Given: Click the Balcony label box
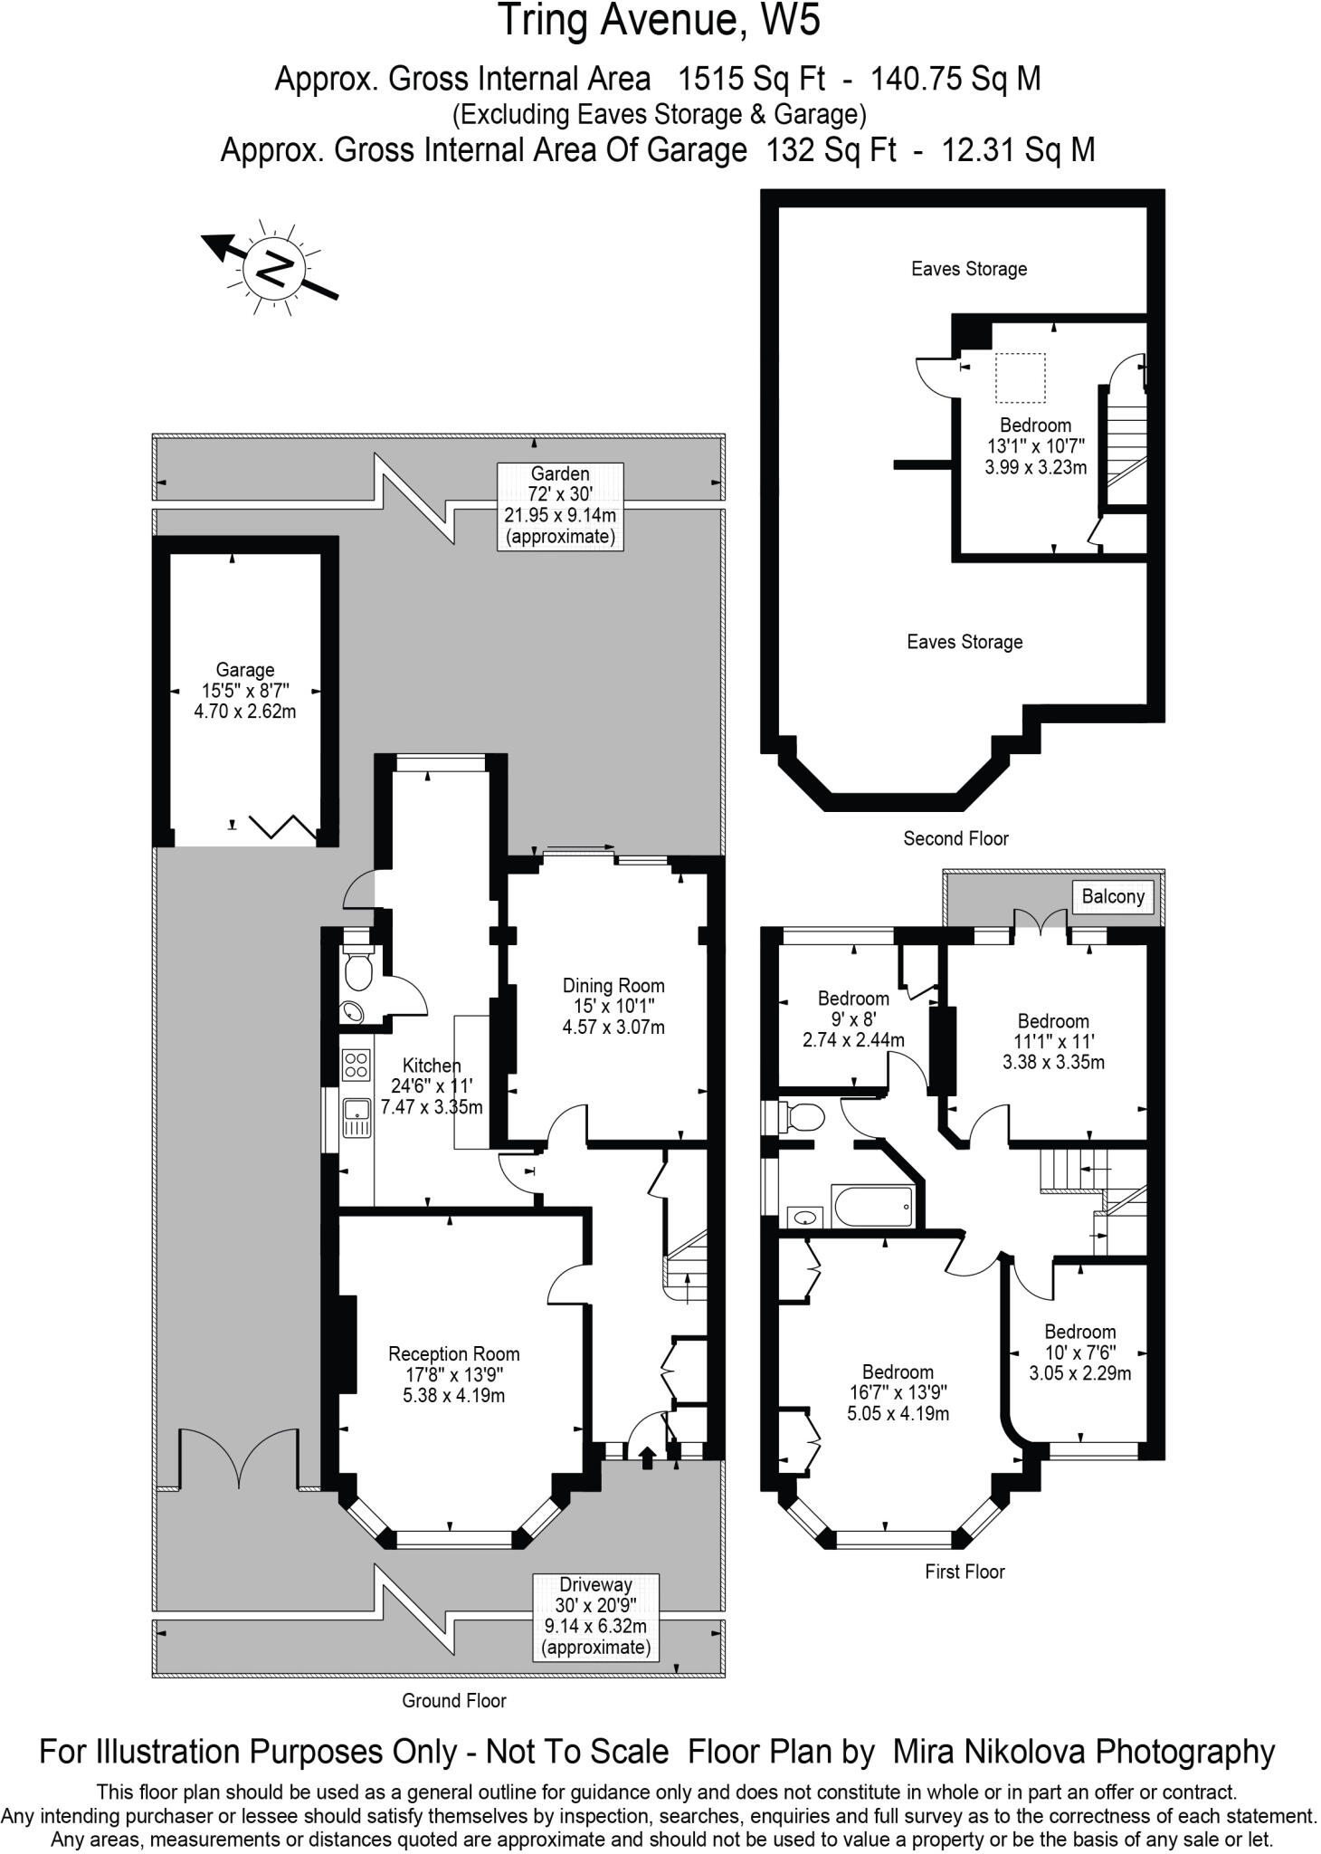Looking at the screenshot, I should click(1113, 896).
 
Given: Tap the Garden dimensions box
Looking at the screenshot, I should click(560, 505).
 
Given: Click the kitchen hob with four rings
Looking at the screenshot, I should click(356, 1064).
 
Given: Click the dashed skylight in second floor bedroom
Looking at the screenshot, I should click(1020, 377).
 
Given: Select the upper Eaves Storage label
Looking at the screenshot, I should click(968, 269).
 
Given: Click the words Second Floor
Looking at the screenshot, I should click(955, 838).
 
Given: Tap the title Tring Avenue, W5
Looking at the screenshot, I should click(660, 20).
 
